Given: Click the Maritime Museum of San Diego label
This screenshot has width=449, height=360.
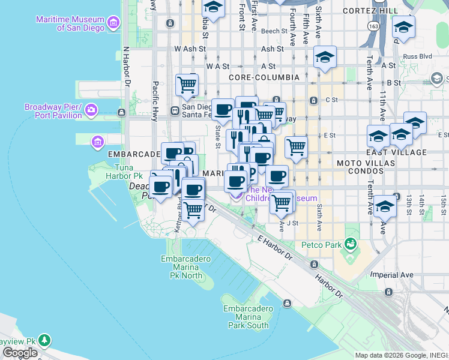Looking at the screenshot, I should pos(71,23).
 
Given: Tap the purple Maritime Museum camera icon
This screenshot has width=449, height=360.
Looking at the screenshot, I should pos(114,23).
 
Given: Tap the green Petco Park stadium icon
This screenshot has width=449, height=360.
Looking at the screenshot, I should pos(349,244).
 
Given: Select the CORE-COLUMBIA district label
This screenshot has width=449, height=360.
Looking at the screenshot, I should pos(264,77).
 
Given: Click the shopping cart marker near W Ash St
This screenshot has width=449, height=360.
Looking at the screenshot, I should pos(187,83).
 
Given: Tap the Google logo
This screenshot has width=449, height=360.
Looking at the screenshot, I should pos(20,353).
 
